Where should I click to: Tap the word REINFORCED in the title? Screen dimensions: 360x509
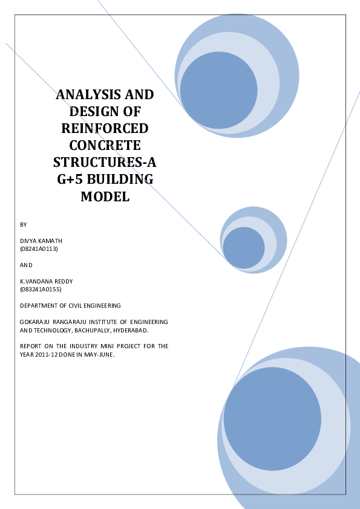pos(105,129)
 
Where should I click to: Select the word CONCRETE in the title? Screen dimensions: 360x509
pos(105,146)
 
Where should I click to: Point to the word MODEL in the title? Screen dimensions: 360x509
pos(105,196)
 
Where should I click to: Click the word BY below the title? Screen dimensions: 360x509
pos(24,225)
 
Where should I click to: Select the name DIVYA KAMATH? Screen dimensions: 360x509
pos(41,241)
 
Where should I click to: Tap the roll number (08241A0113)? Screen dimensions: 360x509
pos(39,249)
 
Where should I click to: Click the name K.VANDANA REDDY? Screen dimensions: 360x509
pos(47,282)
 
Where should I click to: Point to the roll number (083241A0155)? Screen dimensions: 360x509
pos(41,289)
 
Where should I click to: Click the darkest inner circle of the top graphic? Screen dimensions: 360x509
pos(218,90)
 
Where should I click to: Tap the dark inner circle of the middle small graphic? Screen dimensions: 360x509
pos(244,248)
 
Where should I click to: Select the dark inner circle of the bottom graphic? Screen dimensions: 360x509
pos(272,419)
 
